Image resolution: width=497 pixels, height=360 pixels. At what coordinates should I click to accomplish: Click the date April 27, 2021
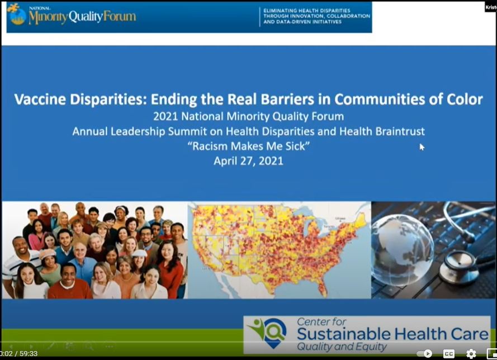248,160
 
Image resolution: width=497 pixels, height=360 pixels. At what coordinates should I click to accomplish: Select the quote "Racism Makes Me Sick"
248,146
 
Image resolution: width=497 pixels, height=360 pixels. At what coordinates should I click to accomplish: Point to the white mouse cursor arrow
422,146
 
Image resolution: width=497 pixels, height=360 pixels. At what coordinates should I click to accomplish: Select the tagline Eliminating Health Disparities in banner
307,11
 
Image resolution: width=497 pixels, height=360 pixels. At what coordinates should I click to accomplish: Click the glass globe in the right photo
402,249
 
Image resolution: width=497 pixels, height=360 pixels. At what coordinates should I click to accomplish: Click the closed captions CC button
449,353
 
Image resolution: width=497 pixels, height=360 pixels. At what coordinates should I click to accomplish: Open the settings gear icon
471,353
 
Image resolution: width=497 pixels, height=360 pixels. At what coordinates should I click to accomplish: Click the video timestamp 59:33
28,354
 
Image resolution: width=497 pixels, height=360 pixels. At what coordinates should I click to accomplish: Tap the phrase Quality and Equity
341,347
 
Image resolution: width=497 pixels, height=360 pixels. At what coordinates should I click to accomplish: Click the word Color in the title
465,100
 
